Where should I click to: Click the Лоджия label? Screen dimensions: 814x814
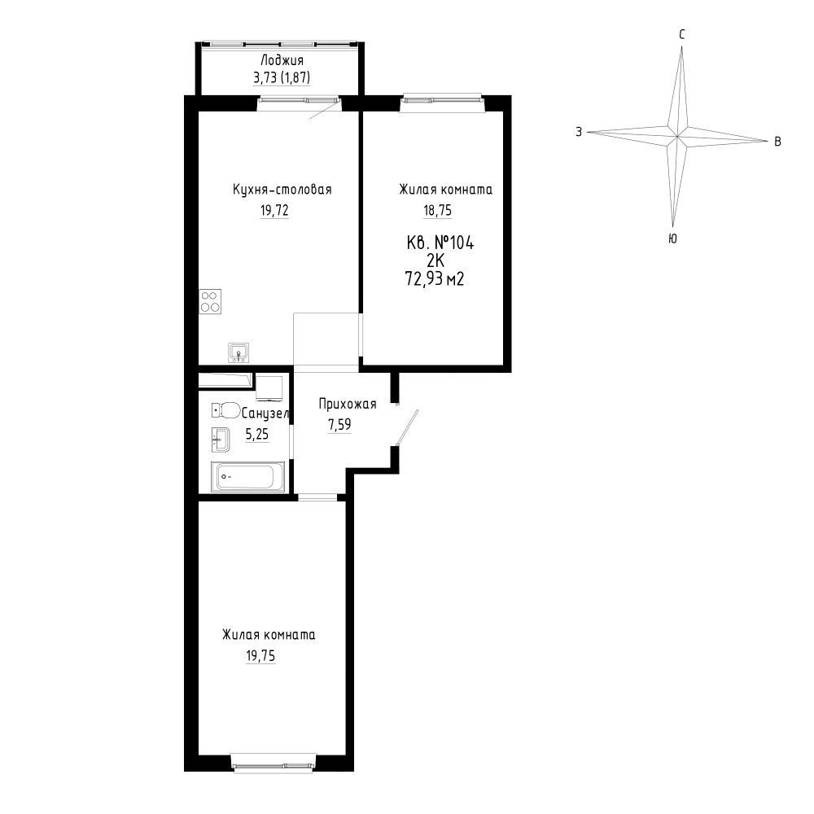(282, 61)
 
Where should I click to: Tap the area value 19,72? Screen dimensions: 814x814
(274, 210)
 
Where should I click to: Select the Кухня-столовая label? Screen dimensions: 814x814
(282, 190)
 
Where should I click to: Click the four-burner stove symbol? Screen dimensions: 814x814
(210, 301)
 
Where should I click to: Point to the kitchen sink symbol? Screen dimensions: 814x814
(239, 353)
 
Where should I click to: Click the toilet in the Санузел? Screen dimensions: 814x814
(225, 410)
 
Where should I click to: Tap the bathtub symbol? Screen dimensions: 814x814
(247, 476)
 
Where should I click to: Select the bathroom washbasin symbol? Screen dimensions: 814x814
(220, 440)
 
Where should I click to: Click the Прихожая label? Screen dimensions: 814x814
(348, 404)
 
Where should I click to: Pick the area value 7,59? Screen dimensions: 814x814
(339, 425)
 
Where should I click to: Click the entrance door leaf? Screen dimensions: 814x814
(408, 427)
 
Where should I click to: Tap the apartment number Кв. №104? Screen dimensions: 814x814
(440, 243)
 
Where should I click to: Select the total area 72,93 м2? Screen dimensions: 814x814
(434, 279)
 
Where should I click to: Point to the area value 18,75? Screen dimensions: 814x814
(438, 210)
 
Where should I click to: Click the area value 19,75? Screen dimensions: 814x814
(260, 655)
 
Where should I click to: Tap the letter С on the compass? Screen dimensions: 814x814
(682, 35)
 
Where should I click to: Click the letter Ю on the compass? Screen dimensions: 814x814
(672, 239)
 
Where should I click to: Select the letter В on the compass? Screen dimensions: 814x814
(777, 141)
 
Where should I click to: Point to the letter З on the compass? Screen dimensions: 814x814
(579, 132)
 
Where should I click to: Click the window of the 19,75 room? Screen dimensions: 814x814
(274, 764)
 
